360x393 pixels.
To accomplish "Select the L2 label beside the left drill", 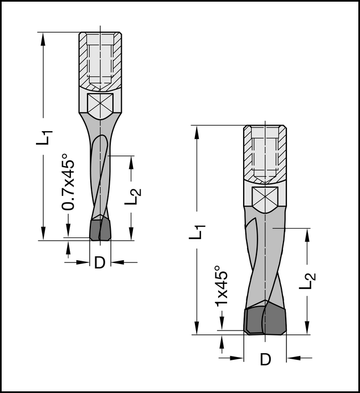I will [132, 196].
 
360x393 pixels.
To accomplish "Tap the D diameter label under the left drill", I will [99, 263].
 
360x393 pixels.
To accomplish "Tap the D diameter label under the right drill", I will [265, 359].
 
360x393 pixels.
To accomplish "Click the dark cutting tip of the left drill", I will [100, 229].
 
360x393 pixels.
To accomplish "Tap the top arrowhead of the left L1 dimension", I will [44, 37].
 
